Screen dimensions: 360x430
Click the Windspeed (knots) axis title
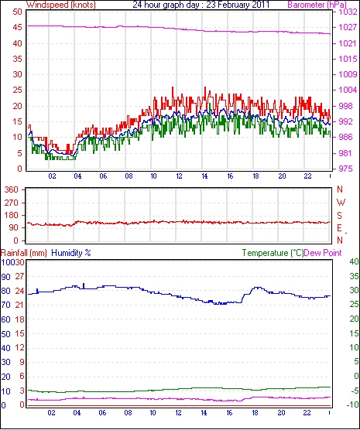[61, 5]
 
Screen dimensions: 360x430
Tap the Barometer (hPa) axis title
[317, 5]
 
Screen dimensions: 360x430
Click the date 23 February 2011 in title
[238, 5]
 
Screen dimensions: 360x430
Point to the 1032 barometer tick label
[348, 12]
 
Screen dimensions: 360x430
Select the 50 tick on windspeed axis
[17, 12]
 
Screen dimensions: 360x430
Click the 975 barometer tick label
[345, 169]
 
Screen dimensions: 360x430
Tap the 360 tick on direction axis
[12, 189]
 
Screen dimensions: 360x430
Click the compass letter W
[341, 203]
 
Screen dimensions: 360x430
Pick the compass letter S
[339, 216]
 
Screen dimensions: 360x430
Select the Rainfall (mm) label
[24, 253]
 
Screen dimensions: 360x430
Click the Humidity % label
[71, 253]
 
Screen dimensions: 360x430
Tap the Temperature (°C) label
[273, 253]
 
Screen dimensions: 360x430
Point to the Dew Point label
[323, 253]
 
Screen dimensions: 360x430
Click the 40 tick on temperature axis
[355, 261]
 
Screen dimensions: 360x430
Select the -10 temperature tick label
[352, 404]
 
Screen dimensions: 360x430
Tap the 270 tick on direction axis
[12, 203]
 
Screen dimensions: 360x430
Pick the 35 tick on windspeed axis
[17, 59]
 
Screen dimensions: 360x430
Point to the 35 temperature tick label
[355, 276]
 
